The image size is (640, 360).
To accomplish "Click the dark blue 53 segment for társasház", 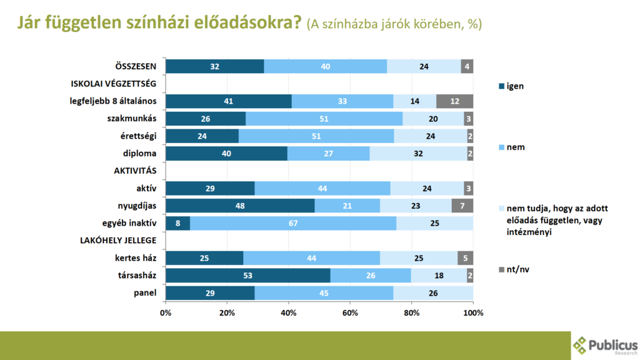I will [x=248, y=276].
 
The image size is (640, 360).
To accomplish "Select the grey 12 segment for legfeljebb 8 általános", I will [x=454, y=101].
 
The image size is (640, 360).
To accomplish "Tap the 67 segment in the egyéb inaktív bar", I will [x=293, y=223].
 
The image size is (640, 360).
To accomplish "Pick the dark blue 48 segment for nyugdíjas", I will [x=240, y=206].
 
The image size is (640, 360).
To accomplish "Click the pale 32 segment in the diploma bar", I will [x=418, y=153].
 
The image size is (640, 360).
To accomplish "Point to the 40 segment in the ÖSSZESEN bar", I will [x=325, y=66].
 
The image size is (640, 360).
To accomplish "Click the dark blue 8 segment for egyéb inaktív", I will [x=178, y=223].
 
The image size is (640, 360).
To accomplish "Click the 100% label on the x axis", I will [x=473, y=312].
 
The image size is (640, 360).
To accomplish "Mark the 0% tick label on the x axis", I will [x=166, y=312].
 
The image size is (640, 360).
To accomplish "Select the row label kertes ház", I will [x=136, y=258].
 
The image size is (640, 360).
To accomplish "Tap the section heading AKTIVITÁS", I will [x=134, y=171].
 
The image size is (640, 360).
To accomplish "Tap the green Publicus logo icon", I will [x=581, y=345].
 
